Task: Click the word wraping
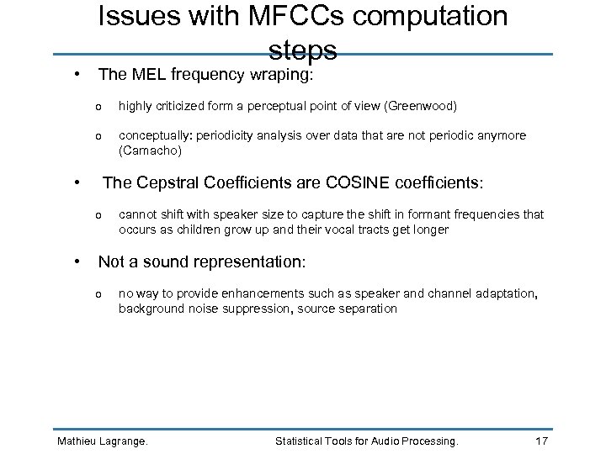tap(281, 75)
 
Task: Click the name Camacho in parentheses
tap(149, 151)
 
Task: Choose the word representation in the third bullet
tap(249, 262)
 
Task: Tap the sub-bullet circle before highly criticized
tap(99, 106)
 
